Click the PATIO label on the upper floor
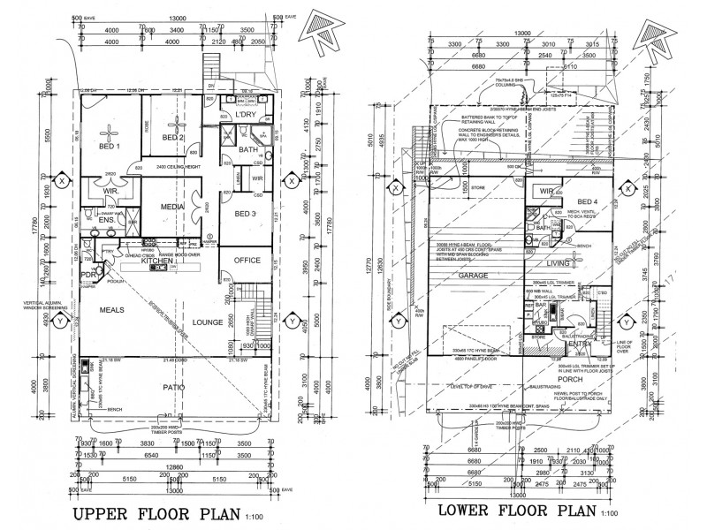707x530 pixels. point(174,386)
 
